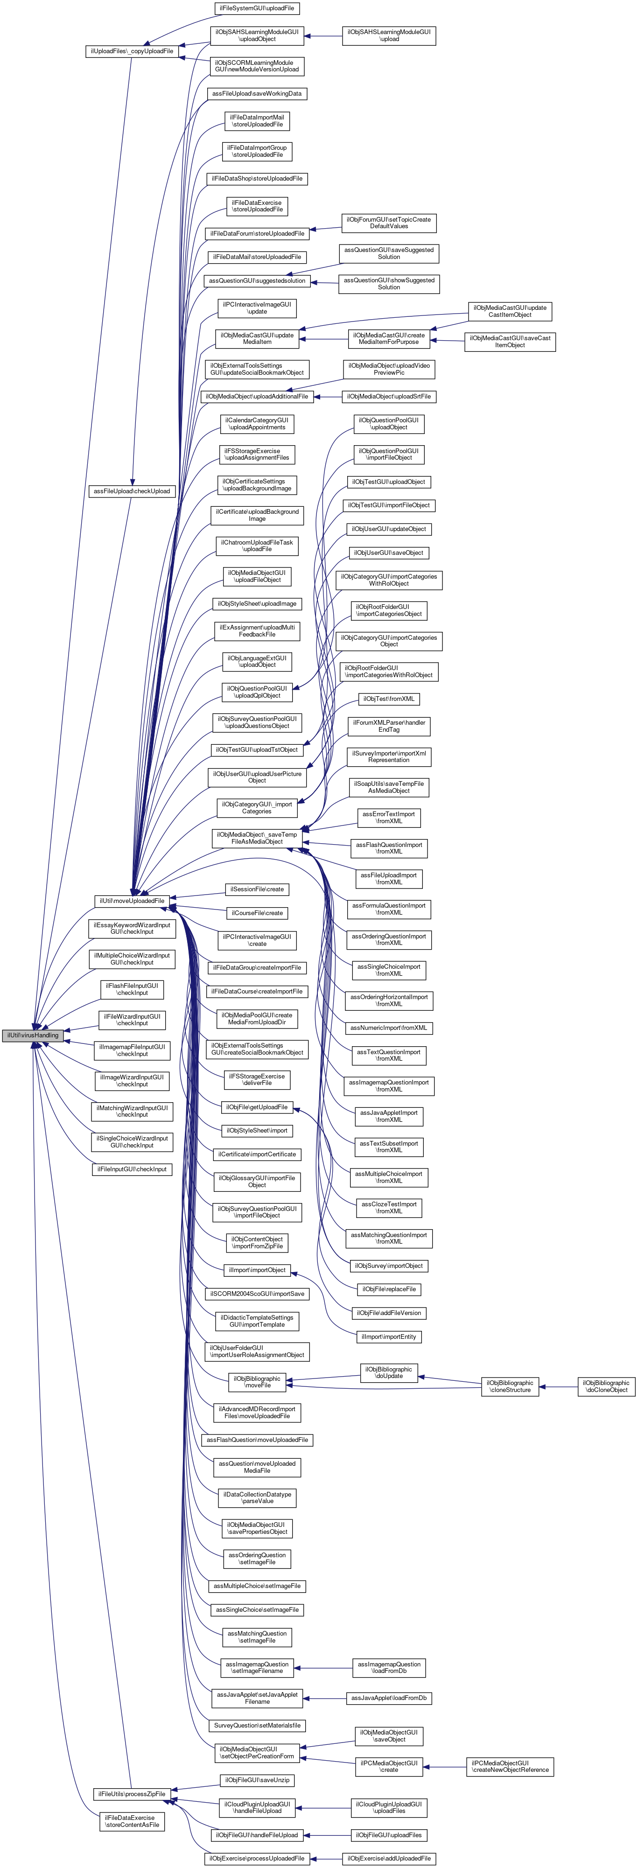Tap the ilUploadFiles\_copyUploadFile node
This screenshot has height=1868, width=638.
[132, 51]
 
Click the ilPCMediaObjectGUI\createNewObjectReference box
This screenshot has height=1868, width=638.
[511, 1766]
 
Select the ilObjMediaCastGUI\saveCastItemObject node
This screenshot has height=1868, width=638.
[510, 342]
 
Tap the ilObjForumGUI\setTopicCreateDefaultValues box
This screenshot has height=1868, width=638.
[389, 223]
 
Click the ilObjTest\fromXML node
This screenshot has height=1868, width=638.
[389, 699]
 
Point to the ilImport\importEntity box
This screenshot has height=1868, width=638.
[389, 1336]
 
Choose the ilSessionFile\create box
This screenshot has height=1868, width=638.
[257, 889]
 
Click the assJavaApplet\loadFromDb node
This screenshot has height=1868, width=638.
[389, 1698]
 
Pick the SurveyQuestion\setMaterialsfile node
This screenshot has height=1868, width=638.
[257, 1725]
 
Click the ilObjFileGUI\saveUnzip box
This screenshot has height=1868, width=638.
[257, 1780]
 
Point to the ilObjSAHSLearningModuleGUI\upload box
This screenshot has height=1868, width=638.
[389, 35]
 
